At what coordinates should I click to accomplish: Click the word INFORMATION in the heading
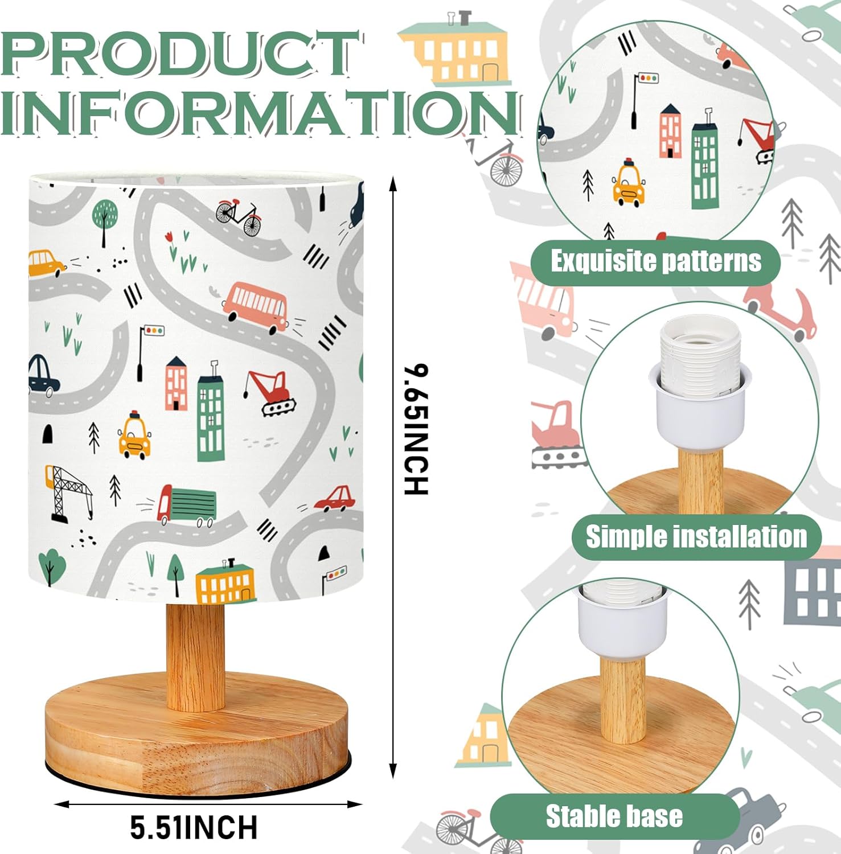pos(261,112)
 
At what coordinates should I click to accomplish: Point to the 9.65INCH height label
pos(416,429)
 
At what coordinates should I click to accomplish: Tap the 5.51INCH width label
pos(194,827)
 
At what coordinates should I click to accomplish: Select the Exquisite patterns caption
pos(656,261)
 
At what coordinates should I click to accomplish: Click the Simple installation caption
pos(696,536)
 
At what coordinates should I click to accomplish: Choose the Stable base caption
pos(614,816)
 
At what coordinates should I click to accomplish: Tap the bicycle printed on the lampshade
pos(239,216)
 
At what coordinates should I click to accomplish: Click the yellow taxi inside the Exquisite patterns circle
pos(629,182)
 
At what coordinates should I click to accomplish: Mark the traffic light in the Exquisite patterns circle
pos(642,99)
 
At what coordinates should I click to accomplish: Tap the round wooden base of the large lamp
pos(196,735)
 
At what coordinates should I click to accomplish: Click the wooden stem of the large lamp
pos(195,656)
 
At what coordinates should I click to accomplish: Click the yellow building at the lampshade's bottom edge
pos(225,581)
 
